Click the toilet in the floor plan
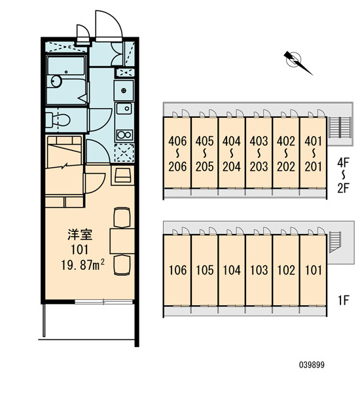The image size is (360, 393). [x=58, y=120]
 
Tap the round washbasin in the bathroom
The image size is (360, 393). [x=56, y=81]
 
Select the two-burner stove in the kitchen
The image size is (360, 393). [x=125, y=135]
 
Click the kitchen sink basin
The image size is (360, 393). [x=124, y=109]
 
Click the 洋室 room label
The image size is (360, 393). [x=80, y=234]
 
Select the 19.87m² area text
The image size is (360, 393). [x=83, y=265]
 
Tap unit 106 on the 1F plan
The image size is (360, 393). [x=177, y=270]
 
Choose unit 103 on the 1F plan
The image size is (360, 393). [x=259, y=270]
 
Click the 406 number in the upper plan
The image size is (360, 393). [x=177, y=141]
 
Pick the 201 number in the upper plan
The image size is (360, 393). [x=313, y=166]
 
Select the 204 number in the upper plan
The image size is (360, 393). [x=232, y=166]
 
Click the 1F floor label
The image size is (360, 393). [x=343, y=300]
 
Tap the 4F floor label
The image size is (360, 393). [x=343, y=163]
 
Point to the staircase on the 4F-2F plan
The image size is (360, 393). [x=339, y=127]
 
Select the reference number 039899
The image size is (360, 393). [x=312, y=365]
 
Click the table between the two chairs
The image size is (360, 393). [x=122, y=241]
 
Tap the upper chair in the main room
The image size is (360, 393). [x=122, y=217]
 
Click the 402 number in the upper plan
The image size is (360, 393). [x=286, y=141]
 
